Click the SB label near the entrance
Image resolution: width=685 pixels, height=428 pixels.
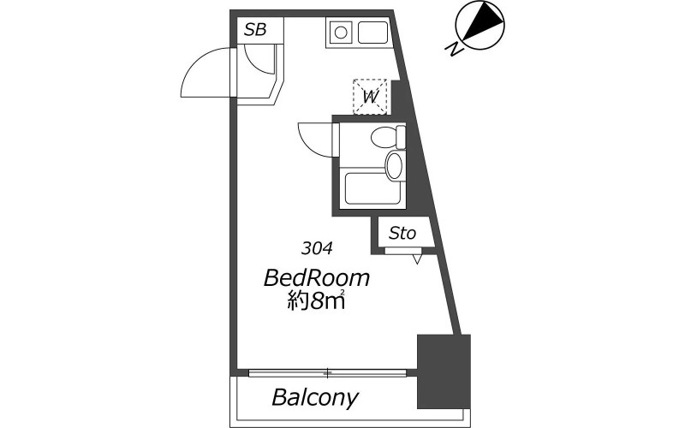(x=255, y=30)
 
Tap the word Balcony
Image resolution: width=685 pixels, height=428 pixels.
(x=315, y=397)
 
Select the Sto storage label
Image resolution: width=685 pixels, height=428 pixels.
(x=402, y=233)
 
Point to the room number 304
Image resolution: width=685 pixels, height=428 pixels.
(x=317, y=248)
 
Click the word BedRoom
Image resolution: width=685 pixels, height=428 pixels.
(x=317, y=278)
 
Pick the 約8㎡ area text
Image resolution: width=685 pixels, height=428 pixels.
(x=316, y=300)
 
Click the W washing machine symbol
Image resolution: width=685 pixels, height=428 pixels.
(x=370, y=97)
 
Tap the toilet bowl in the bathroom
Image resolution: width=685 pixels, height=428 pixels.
(x=383, y=138)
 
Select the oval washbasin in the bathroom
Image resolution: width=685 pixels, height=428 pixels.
(x=394, y=165)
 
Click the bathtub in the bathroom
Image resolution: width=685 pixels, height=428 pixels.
(x=372, y=188)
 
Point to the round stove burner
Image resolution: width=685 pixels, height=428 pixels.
(x=341, y=33)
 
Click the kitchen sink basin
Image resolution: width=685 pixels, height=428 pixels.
(x=372, y=33)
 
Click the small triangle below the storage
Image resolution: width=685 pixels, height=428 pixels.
(x=417, y=259)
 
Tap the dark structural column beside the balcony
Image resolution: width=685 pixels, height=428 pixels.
(x=444, y=372)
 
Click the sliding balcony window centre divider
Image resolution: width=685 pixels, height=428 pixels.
(x=327, y=373)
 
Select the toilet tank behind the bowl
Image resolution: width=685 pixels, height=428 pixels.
(x=401, y=137)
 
